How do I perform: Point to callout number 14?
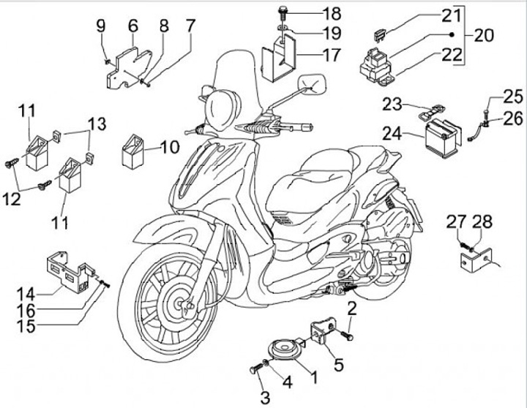pos(26,294)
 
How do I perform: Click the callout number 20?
pos(483,34)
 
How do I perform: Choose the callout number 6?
pos(132,26)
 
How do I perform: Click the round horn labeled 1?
pos(279,350)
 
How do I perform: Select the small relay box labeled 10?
pos(135,151)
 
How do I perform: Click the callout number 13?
pos(97,121)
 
